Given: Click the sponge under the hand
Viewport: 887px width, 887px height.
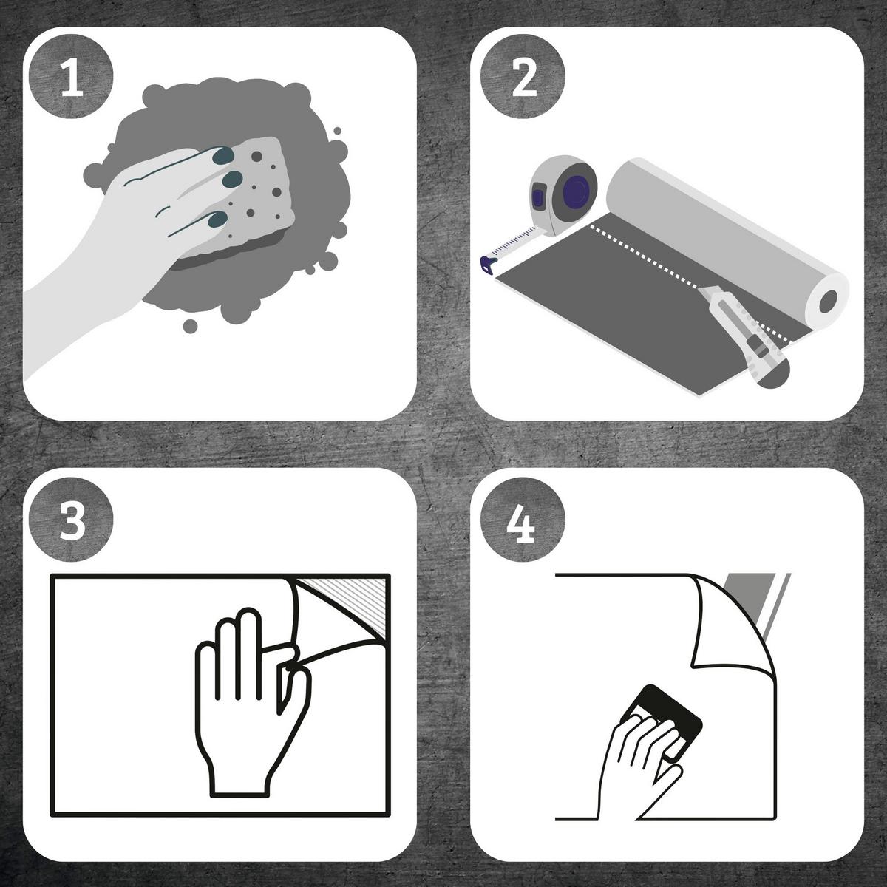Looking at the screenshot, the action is (x=258, y=198).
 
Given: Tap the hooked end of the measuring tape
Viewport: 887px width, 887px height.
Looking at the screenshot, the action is (x=487, y=265).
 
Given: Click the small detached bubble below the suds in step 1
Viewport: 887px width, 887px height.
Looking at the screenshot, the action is (x=190, y=327).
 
